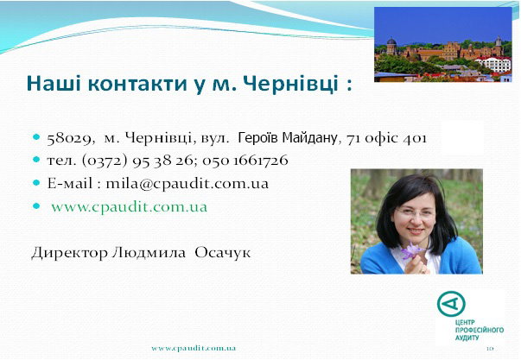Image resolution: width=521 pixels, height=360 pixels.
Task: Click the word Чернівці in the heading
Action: (290, 83)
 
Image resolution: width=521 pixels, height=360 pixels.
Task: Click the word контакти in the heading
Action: (138, 84)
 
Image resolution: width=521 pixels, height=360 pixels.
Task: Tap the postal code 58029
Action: (69, 138)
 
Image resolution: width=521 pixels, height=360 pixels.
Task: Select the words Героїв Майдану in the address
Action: (288, 137)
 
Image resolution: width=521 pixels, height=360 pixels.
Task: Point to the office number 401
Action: (415, 138)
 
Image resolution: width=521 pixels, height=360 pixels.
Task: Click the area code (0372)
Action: (105, 161)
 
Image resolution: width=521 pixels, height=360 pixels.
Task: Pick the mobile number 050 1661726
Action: (245, 161)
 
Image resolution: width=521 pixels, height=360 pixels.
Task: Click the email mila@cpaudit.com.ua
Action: (187, 184)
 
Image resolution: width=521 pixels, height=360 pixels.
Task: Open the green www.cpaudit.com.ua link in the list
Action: (130, 207)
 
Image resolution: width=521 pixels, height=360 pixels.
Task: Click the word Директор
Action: (69, 253)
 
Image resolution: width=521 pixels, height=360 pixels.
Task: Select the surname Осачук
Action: (223, 253)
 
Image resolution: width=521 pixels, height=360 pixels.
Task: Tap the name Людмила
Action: (149, 253)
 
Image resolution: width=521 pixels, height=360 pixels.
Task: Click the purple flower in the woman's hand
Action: (411, 250)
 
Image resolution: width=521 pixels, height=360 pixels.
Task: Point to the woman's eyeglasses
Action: (415, 212)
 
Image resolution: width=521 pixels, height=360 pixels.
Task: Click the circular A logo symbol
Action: (451, 304)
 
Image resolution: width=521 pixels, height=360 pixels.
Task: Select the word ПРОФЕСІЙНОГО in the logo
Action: (480, 330)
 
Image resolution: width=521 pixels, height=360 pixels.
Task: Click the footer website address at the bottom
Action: (194, 349)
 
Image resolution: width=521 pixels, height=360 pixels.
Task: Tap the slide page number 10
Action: (490, 349)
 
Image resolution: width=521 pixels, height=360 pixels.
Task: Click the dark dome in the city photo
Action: (391, 42)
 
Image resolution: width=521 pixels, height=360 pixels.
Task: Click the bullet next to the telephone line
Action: (36, 160)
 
